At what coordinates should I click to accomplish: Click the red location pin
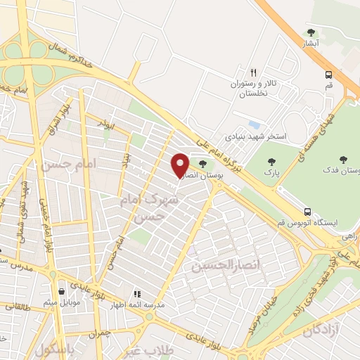pos(181,165)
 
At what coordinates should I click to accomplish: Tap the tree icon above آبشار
pos(311,32)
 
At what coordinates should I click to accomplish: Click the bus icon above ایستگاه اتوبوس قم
pos(307,212)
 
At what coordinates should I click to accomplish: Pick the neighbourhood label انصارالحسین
pos(220,266)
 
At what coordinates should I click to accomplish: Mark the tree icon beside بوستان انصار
pos(202,164)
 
